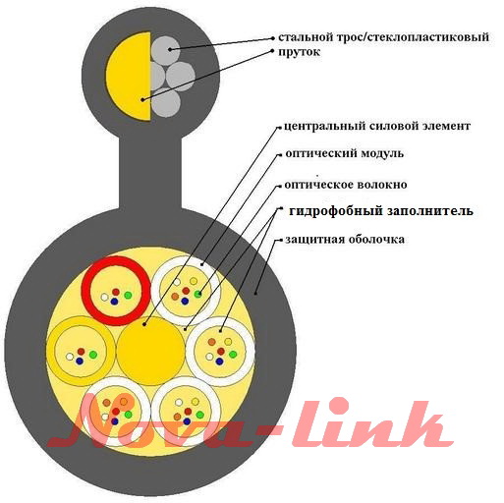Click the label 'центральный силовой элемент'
(377, 126)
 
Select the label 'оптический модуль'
(345, 153)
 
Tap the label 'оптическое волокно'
(346, 185)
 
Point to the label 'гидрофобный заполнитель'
(381, 211)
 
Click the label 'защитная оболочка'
(345, 240)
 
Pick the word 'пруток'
(300, 52)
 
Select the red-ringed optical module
(116, 291)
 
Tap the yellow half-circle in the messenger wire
(129, 76)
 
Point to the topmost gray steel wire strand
(166, 51)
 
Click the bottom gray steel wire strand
(166, 103)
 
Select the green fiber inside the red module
(128, 296)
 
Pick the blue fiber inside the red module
(114, 302)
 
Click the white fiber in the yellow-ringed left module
(70, 357)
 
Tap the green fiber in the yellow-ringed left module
(93, 355)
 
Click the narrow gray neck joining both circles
(150, 174)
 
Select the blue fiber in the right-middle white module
(219, 362)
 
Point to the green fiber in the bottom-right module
(199, 415)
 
